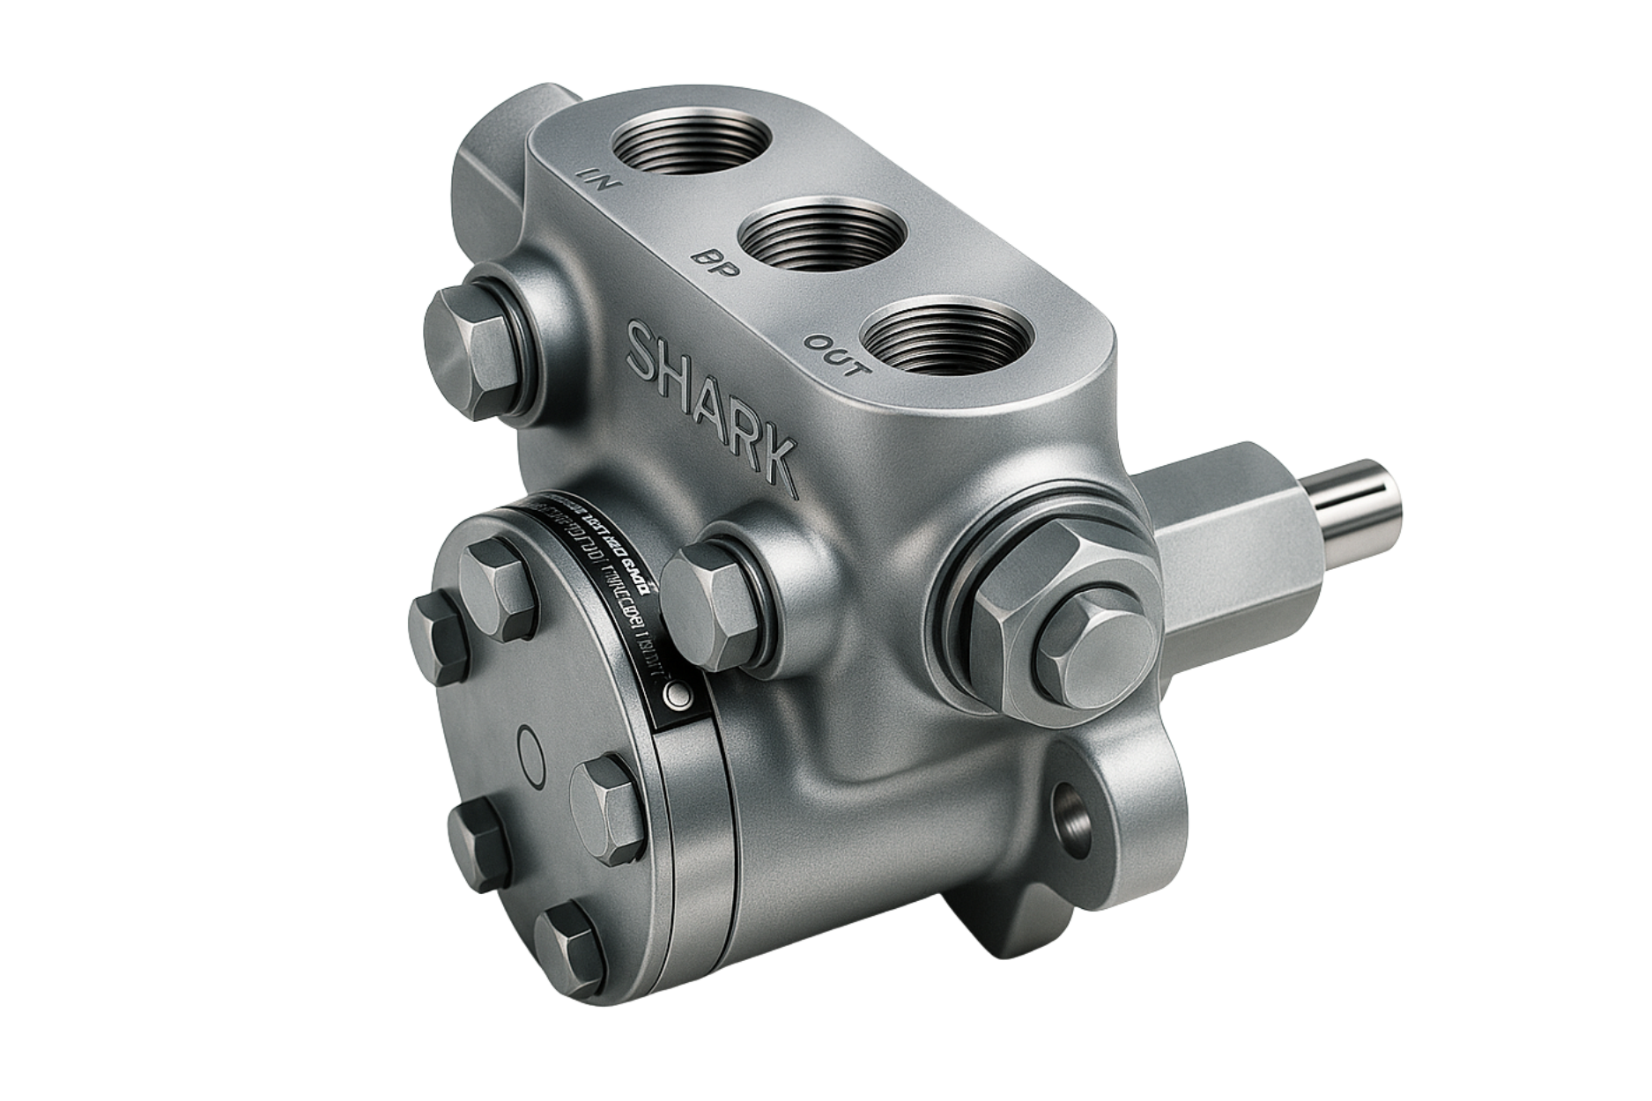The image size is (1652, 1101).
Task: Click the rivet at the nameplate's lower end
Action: [x=678, y=695]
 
